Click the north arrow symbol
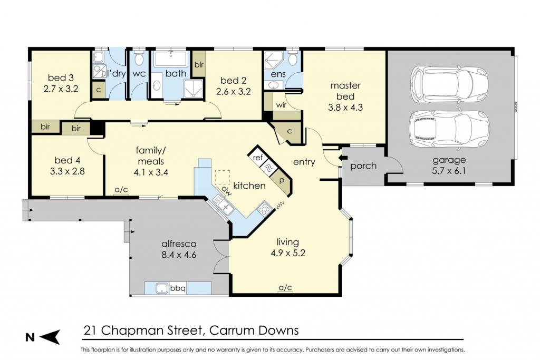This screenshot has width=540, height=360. [x=50, y=337]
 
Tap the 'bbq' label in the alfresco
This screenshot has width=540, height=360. [x=178, y=288]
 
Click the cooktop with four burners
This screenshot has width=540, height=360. [x=264, y=209]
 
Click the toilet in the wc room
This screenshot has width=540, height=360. [x=139, y=59]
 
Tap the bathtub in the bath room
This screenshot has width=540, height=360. [x=171, y=59]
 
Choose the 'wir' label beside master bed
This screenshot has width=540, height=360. [x=282, y=105]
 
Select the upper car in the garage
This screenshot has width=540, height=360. [x=449, y=83]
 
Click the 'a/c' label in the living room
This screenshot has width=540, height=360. [x=285, y=287]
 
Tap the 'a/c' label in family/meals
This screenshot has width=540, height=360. [x=121, y=190]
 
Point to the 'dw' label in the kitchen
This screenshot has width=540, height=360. [x=225, y=190]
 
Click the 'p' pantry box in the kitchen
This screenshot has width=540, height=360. [x=282, y=180]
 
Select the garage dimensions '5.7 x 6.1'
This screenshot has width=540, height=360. [x=449, y=171]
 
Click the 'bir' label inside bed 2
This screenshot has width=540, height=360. [x=199, y=65]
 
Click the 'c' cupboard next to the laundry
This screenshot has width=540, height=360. [x=99, y=90]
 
